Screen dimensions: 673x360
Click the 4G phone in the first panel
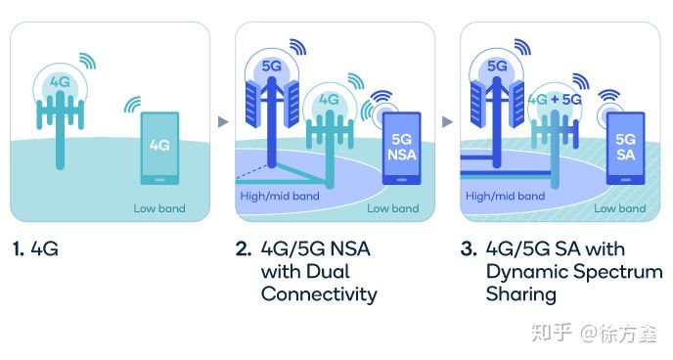tap(159, 149)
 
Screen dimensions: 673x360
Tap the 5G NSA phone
tap(401, 149)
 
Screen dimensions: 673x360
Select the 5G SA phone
tap(625, 149)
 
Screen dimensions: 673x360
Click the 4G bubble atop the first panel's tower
tap(60, 82)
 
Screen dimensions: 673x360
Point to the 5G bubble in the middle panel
tap(272, 67)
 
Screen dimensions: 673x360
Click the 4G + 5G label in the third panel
tap(555, 100)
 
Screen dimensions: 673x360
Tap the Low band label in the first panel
tap(159, 208)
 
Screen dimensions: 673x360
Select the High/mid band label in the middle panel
tap(280, 196)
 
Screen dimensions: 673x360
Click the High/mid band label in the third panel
tap(505, 196)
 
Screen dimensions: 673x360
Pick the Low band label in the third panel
tap(620, 208)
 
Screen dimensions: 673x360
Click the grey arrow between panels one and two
tap(223, 122)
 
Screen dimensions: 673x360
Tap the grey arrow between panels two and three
tap(447, 122)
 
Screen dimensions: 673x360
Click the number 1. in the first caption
tap(18, 248)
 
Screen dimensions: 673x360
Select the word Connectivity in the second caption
tap(319, 294)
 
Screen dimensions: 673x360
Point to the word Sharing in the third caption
tap(521, 295)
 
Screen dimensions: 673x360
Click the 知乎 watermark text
tap(552, 333)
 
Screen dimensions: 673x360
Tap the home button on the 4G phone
tap(159, 180)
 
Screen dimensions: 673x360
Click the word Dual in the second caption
tap(330, 272)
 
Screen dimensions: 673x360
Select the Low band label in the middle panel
tap(392, 208)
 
